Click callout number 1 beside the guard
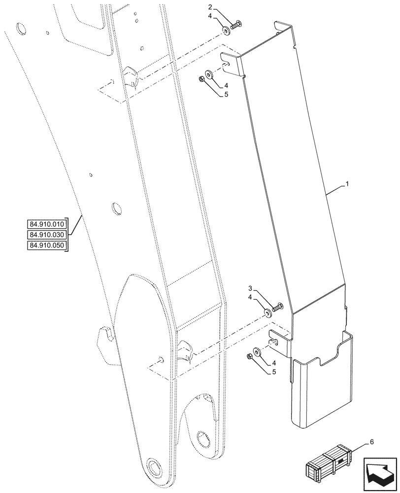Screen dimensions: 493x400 click(347, 184)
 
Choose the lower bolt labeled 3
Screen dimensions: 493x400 click(276, 308)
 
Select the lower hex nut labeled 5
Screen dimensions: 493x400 click(250, 356)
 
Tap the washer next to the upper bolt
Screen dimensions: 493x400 click(225, 32)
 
